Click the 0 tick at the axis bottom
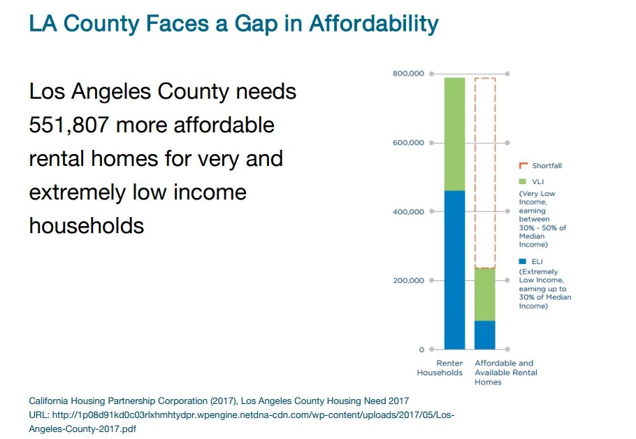click(421, 349)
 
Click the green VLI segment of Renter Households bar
click(454, 134)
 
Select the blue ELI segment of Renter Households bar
click(454, 270)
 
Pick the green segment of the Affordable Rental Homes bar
click(485, 294)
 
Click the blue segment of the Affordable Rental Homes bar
click(485, 335)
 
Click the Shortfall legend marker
click(523, 166)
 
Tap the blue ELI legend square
click(523, 261)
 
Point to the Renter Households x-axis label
click(440, 368)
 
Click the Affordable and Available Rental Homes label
click(503, 372)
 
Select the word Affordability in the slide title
click(373, 24)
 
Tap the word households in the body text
click(86, 225)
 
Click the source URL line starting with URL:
click(241, 414)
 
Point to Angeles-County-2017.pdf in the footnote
click(82, 428)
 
